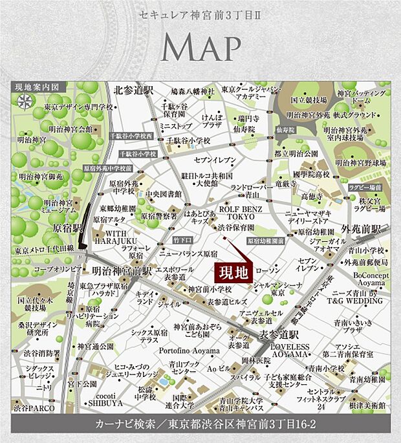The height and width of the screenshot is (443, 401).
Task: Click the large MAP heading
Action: tap(200, 47)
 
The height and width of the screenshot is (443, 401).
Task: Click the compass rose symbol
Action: tap(25, 101)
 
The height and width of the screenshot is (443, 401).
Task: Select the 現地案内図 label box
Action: tap(39, 87)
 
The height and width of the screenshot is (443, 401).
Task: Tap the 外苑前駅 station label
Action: tap(362, 228)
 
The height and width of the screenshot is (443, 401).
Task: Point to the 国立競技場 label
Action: tap(309, 100)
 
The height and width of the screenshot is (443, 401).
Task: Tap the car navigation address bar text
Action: tap(200, 425)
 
